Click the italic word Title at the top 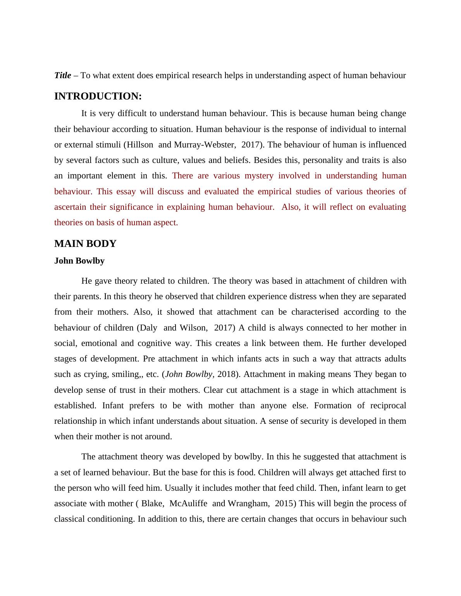pyautogui.click(x=62, y=75)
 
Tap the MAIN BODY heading pyautogui.click(x=85, y=244)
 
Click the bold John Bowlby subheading pyautogui.click(x=79, y=261)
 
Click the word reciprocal pyautogui.click(x=388, y=406)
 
